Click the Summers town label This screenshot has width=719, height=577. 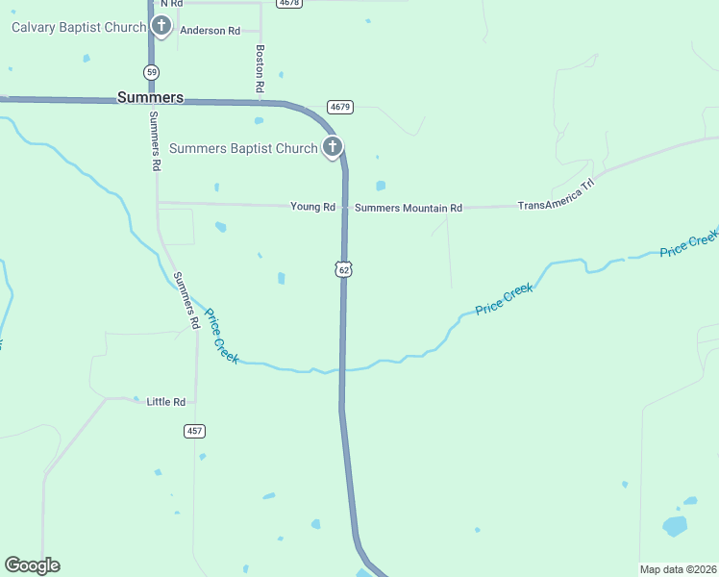coord(150,97)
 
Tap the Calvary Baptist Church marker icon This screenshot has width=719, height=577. coord(161,27)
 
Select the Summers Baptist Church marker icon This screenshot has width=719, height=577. coord(332,148)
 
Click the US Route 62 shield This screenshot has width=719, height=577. coord(344,269)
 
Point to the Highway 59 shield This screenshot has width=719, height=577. coord(152,72)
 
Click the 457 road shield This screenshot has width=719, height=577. coord(195,431)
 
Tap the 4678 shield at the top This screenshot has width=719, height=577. coord(287,3)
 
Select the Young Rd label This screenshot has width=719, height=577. coord(312,207)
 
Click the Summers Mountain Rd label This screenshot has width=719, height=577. coord(409,208)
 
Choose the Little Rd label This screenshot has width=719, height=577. coord(165,401)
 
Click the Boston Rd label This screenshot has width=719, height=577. coord(260,68)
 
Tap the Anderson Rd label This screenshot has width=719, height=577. coord(210,31)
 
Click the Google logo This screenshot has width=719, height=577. coord(32,565)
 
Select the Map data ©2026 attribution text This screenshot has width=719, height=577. coord(679,569)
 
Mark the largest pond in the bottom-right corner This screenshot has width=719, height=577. coord(675,526)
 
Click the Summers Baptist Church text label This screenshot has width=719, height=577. coord(243,149)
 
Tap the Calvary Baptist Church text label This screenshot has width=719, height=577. coord(79,27)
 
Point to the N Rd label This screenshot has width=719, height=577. coord(171,4)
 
